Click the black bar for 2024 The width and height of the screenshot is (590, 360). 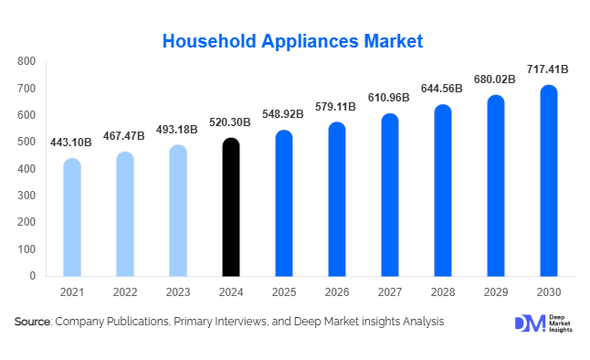[231, 207]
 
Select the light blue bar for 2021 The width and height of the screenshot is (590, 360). [72, 217]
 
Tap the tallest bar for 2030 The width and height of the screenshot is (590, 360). [548, 181]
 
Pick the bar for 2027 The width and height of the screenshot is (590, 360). [389, 195]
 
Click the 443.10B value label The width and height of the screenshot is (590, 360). [72, 142]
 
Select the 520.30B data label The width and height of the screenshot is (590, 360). [231, 122]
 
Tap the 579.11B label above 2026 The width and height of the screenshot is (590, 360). [337, 106]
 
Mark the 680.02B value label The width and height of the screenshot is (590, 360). [495, 79]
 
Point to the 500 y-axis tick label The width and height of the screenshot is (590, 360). [26, 143]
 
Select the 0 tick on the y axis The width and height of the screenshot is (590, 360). [32, 276]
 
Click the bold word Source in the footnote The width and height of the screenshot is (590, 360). [32, 322]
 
